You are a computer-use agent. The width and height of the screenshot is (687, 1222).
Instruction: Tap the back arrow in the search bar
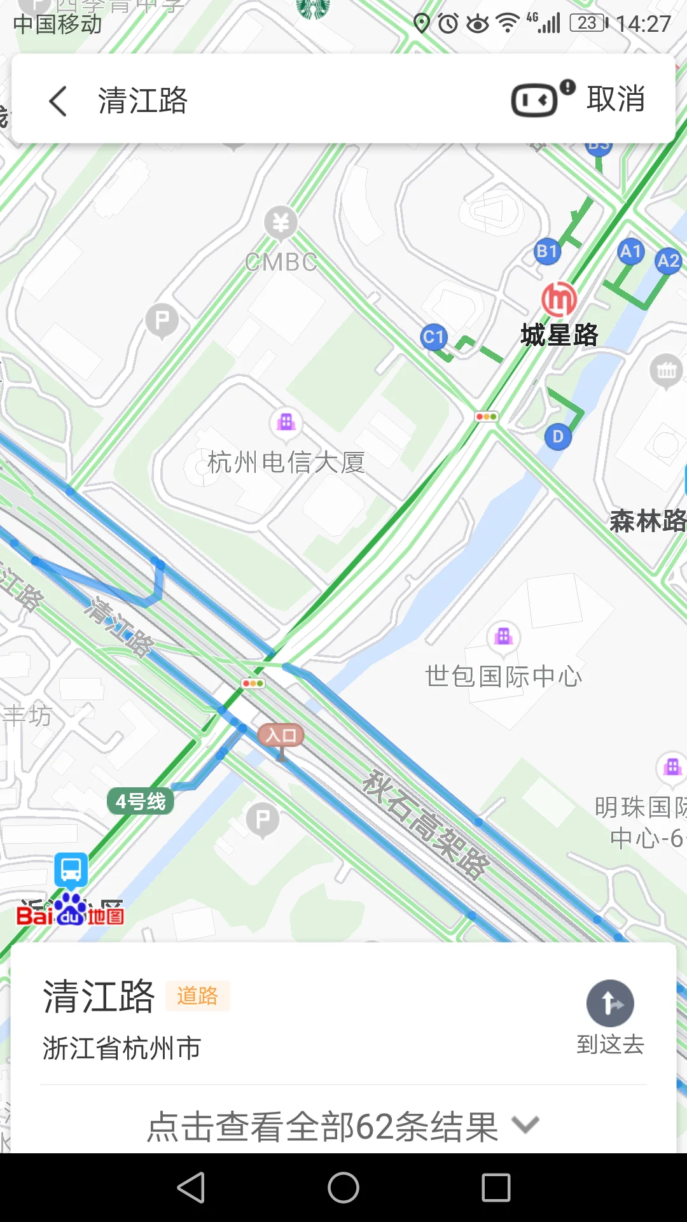59,101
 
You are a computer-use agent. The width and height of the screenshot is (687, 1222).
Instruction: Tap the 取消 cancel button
616,99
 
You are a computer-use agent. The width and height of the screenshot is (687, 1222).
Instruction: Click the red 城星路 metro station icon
559,298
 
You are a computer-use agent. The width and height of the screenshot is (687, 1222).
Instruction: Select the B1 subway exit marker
547,251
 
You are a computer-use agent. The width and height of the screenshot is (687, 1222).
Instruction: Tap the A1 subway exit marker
630,251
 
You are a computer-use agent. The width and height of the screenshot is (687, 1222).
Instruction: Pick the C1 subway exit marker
434,337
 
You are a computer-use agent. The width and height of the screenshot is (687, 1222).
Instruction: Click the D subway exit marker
558,437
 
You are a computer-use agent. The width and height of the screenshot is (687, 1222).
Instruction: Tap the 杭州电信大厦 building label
286,462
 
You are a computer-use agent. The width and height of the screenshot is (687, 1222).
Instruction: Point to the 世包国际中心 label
503,676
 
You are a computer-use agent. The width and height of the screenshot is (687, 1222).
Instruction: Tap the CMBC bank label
281,262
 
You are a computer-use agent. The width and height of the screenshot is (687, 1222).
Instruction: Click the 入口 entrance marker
281,736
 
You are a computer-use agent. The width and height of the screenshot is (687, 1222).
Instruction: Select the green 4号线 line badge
141,801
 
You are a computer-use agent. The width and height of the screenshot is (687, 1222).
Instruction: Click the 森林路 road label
648,521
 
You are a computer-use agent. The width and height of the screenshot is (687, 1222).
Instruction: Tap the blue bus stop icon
71,869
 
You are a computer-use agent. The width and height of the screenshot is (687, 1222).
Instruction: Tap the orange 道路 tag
197,996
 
